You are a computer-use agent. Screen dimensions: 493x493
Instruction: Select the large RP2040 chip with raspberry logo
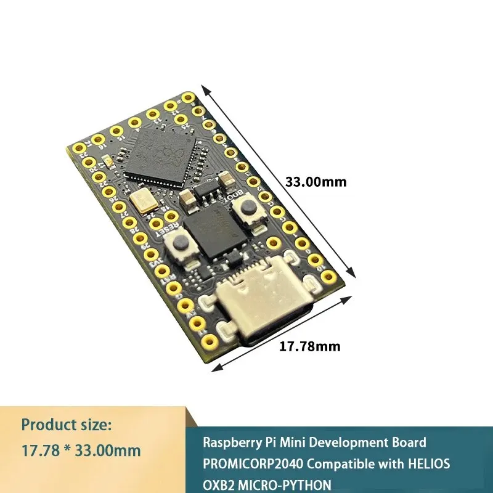[x=161, y=153]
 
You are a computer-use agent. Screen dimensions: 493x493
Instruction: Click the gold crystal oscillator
[x=143, y=201]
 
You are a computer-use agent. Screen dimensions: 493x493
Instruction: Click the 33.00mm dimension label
[x=316, y=182]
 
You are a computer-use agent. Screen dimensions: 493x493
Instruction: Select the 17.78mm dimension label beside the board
[x=310, y=346]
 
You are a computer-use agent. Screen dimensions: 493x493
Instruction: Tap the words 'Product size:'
[x=67, y=425]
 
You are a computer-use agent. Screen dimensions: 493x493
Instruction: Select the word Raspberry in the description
[x=229, y=442]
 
